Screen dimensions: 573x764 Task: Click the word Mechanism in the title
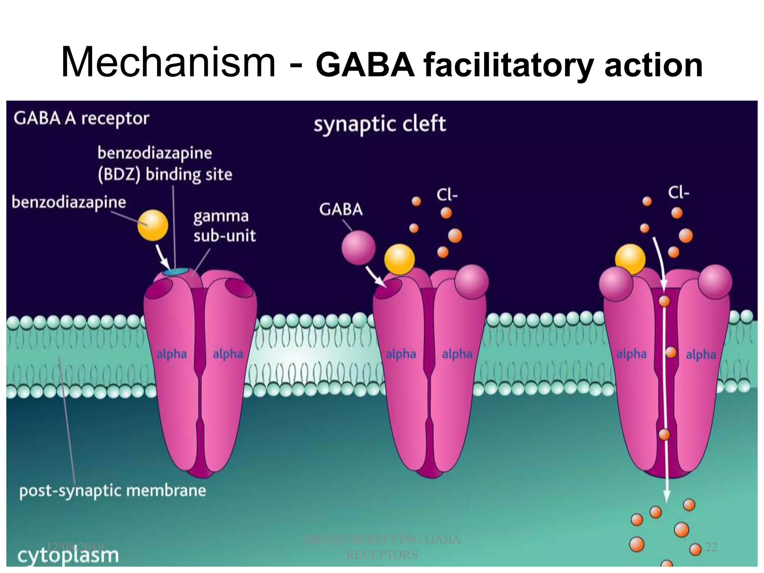click(x=168, y=62)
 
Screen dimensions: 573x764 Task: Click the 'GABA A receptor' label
click(x=81, y=119)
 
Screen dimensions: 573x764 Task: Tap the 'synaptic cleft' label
click(x=379, y=124)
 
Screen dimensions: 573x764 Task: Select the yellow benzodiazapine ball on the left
click(x=153, y=225)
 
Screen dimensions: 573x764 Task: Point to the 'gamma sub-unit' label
click(x=224, y=226)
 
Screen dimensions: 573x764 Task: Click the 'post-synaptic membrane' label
click(x=112, y=491)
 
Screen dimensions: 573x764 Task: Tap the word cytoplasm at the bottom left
click(x=68, y=555)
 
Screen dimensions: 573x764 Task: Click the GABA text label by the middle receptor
click(x=341, y=209)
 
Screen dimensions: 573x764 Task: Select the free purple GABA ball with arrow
click(x=358, y=248)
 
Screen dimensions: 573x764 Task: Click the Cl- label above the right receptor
click(x=678, y=193)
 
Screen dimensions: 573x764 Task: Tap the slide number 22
click(x=711, y=547)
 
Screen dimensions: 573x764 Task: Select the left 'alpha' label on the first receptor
click(x=171, y=354)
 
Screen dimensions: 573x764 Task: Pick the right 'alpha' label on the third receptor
click(x=701, y=354)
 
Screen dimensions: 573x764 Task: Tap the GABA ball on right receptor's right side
click(x=715, y=281)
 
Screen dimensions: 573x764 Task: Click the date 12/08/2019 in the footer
click(x=75, y=547)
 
